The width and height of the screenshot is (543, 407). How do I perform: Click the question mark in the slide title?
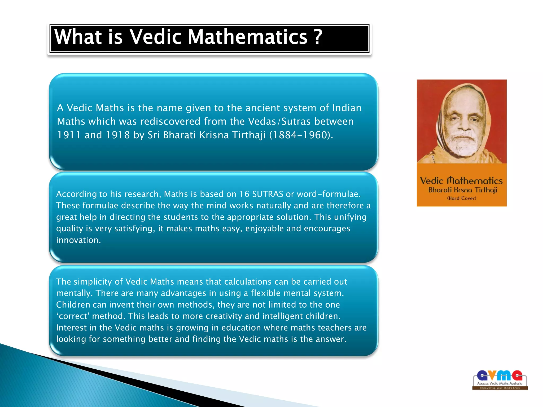[x=318, y=37]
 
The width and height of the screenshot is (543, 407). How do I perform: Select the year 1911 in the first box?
[x=69, y=135]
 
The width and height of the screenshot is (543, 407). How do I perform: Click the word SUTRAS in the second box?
[x=268, y=194]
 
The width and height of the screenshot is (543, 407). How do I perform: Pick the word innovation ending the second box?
[x=78, y=240]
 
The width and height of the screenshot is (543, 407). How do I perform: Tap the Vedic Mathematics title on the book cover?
[x=461, y=181]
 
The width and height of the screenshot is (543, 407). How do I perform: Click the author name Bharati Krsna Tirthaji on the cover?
[x=462, y=190]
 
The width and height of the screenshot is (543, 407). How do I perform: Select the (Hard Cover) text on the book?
[x=462, y=198]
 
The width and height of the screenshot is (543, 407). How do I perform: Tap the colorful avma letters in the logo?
[x=500, y=375]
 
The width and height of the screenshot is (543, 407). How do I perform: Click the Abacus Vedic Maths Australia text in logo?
[x=500, y=383]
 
